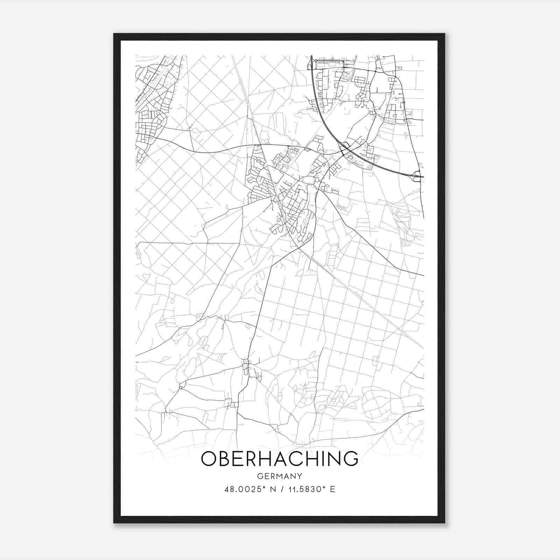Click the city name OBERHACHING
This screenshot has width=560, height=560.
(x=279, y=458)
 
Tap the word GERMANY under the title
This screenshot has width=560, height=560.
(x=279, y=476)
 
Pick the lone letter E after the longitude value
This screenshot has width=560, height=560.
(x=332, y=489)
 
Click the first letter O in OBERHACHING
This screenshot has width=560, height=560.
(x=209, y=458)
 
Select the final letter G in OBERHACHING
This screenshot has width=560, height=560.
(x=350, y=458)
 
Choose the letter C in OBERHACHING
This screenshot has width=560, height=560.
(x=288, y=458)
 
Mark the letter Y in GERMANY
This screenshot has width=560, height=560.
(x=300, y=476)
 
